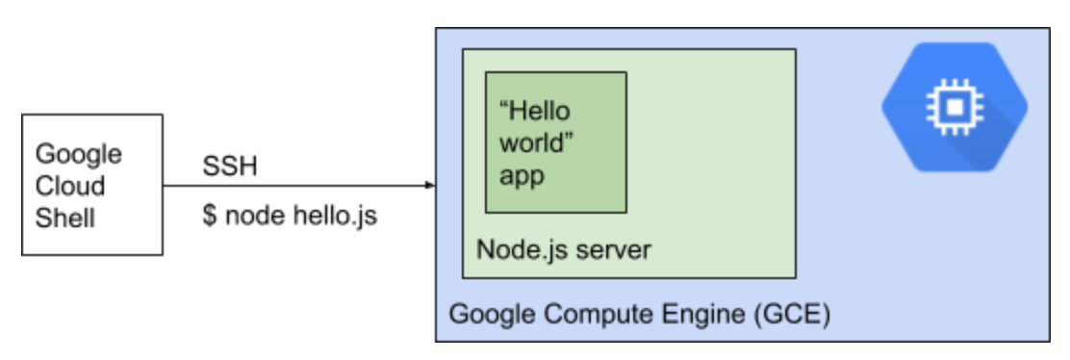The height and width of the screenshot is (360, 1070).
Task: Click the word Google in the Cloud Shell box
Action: tap(79, 154)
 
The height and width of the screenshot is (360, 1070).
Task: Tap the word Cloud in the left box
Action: tap(70, 186)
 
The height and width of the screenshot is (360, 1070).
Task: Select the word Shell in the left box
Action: tap(65, 218)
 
